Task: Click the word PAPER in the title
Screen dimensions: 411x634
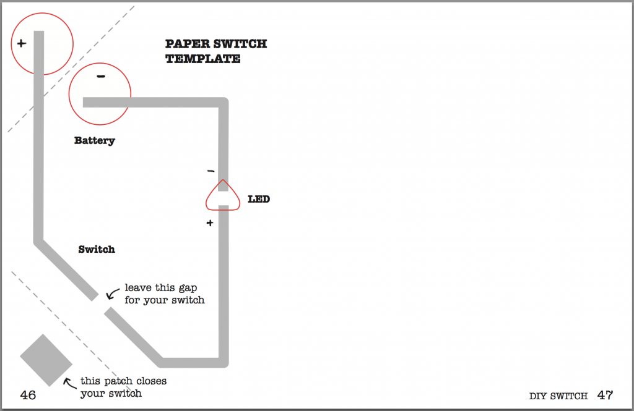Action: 185,44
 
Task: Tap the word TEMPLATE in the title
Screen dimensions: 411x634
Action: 202,59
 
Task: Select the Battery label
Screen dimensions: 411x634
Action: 95,140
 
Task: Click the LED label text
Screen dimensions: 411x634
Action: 259,200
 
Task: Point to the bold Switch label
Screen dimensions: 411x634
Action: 97,250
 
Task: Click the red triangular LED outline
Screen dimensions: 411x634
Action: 223,196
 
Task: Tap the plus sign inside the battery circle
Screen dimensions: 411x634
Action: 22,44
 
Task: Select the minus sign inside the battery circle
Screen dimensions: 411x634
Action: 101,77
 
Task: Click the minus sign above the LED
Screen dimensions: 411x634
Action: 210,171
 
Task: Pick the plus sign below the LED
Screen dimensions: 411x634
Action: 210,223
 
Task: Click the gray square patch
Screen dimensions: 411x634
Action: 46,360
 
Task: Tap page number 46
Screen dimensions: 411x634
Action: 28,395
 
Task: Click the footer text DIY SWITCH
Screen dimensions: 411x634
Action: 558,396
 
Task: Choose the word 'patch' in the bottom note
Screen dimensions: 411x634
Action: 118,381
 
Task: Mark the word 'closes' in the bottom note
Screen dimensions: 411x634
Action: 151,381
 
